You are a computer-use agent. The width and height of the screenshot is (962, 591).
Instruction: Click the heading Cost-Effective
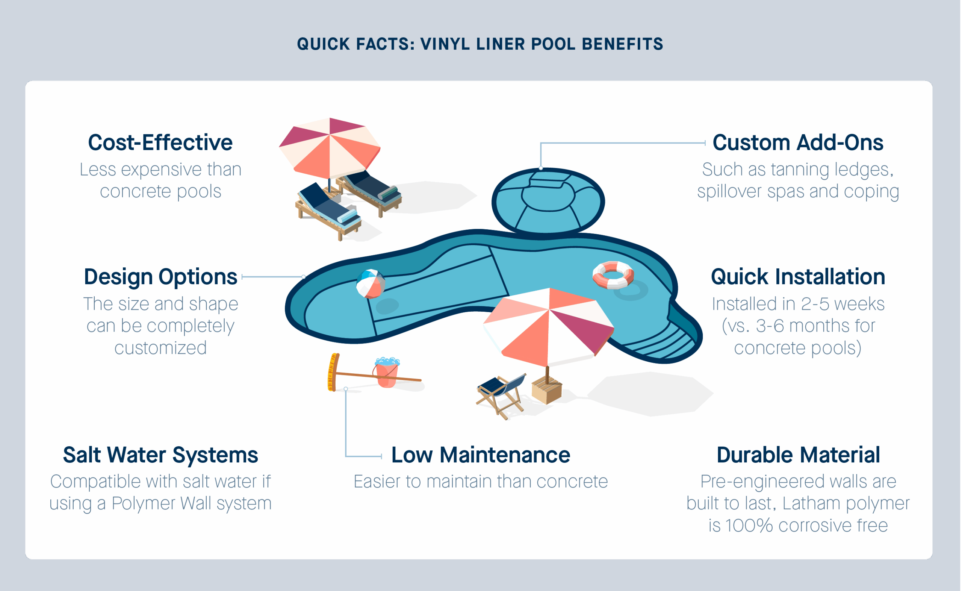point(160,142)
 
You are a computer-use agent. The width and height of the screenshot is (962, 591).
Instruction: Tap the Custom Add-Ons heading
point(798,142)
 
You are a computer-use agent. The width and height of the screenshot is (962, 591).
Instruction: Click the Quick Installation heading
point(798,277)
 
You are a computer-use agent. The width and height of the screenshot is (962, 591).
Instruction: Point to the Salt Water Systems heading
point(160,455)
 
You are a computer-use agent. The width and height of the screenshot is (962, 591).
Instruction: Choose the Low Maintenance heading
point(481,455)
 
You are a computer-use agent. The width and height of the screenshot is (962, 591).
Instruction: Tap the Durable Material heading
point(798,455)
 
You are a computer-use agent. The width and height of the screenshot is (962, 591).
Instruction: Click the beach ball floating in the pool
point(370,284)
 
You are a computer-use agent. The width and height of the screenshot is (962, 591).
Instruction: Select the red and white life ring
point(613,275)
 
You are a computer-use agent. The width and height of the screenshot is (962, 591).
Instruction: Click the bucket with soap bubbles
point(387,372)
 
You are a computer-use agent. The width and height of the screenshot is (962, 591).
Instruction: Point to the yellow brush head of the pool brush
point(333,372)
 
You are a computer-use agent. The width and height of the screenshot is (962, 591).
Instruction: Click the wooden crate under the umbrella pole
point(547,390)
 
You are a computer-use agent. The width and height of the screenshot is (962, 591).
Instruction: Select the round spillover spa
point(548,201)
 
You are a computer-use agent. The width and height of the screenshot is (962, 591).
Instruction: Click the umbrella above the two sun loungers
point(330,149)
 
